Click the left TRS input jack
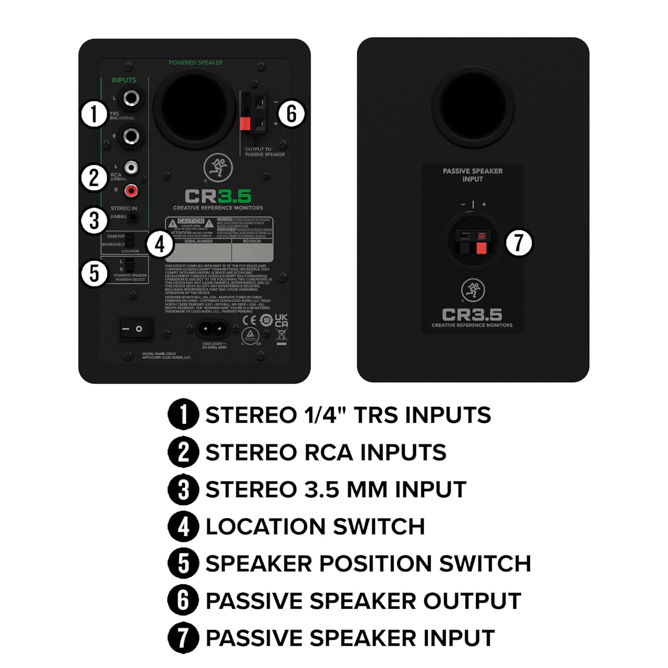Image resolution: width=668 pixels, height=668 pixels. pos(132,98)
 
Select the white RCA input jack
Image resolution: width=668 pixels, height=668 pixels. pos(131,167)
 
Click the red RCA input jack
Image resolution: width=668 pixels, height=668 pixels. pos(131,191)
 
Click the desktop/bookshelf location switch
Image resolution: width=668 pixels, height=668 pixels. pos(129,240)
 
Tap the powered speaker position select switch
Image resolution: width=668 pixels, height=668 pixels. pos(129,265)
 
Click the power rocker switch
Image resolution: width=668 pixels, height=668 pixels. pos(136,329)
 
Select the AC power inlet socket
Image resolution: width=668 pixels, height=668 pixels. pos(212,330)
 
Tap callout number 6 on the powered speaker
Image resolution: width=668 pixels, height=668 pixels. pos(291,113)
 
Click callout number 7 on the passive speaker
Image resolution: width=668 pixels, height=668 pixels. pos(519,243)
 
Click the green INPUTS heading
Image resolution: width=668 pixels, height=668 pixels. pos(124,80)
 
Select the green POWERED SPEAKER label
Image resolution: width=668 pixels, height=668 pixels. pos(196,63)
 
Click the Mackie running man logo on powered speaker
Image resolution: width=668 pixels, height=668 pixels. pos(218,168)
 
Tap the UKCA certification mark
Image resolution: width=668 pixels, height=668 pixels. pos(281,320)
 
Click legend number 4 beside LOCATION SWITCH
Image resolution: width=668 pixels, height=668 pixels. pos(183,526)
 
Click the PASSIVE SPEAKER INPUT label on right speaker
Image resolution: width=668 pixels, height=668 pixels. pos(472,175)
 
